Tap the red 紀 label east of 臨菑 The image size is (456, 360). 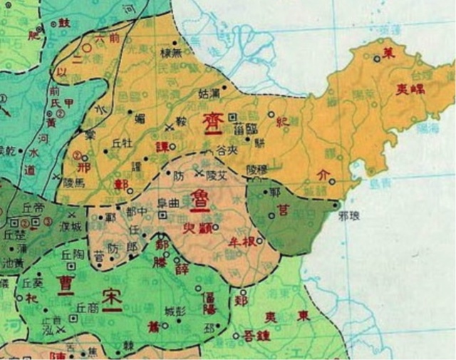283,122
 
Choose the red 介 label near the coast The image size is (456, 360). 320,173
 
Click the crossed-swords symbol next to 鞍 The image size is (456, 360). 167,126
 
